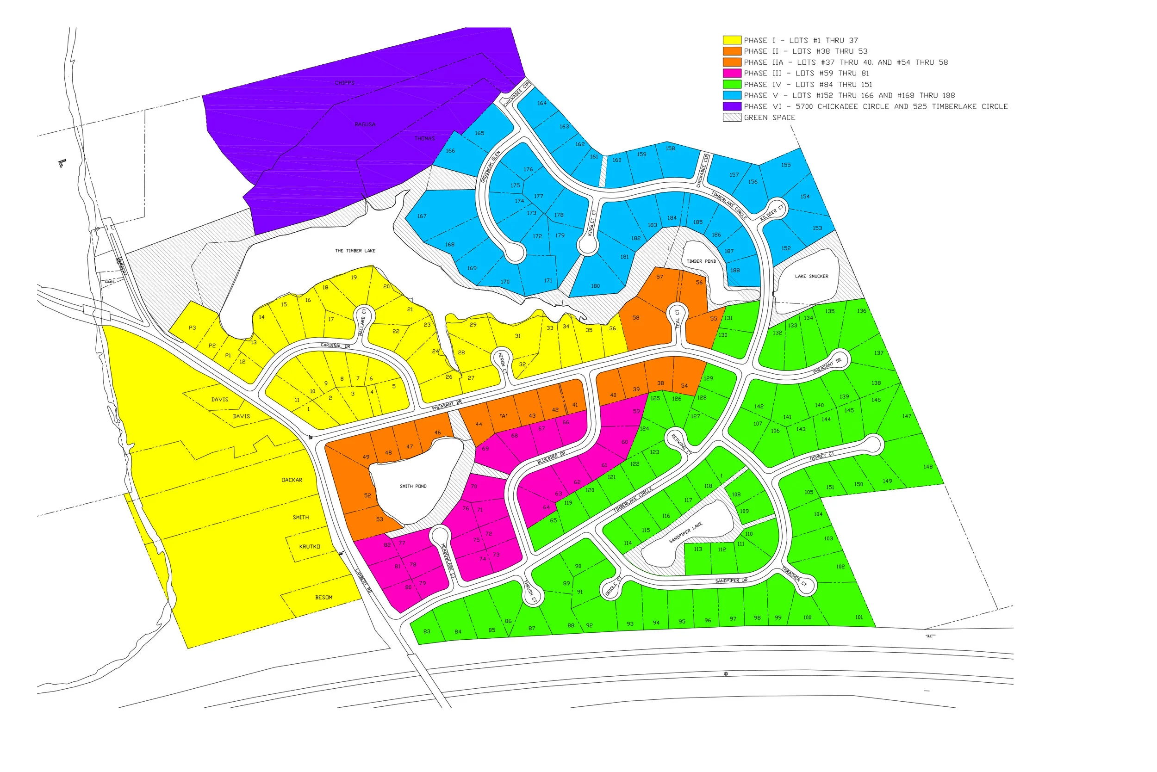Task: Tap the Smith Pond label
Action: tap(413, 486)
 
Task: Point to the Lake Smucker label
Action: tap(811, 276)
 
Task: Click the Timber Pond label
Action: tap(701, 261)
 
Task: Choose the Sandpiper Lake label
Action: tap(685, 533)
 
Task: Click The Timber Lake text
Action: tap(355, 251)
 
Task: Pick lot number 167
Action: tap(422, 216)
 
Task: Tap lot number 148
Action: tap(928, 467)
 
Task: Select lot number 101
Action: tap(859, 618)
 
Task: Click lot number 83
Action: tap(427, 632)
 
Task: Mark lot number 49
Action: tap(366, 457)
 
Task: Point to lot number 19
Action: tap(354, 277)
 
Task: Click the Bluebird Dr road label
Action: tap(551, 457)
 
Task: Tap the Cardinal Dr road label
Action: tap(335, 346)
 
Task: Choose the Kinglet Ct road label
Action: tap(591, 222)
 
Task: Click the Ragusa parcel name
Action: tap(365, 124)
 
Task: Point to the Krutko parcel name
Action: tap(309, 546)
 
